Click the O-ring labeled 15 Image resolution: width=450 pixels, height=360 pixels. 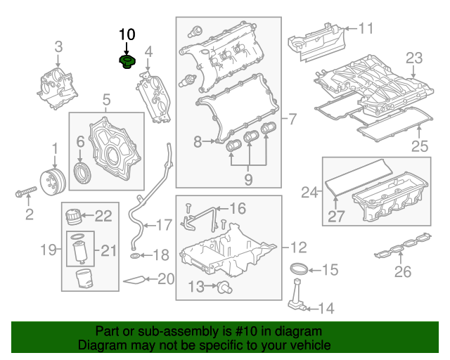(x=300, y=269)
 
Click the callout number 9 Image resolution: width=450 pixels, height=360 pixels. (x=247, y=180)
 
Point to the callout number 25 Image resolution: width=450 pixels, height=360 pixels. (x=419, y=146)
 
